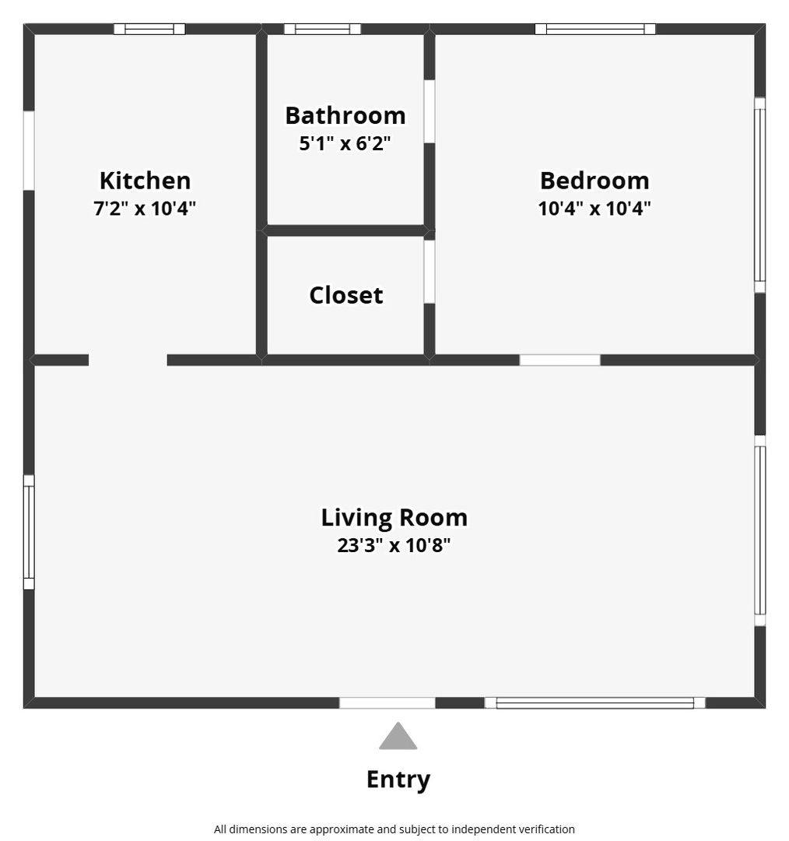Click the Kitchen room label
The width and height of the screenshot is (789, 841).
[146, 181]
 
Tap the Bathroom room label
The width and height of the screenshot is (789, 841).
[345, 115]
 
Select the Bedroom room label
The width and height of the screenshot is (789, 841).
[594, 181]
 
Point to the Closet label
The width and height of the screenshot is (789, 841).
[346, 295]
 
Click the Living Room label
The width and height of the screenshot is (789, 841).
[394, 518]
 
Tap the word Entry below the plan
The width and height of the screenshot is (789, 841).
[398, 779]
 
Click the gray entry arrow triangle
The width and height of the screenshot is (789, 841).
[398, 736]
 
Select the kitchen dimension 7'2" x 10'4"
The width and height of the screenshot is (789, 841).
[145, 208]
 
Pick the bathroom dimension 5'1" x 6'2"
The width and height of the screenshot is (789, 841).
[345, 143]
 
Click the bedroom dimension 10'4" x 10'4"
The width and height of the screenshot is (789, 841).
[594, 208]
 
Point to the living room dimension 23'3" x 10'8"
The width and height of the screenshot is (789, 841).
[394, 545]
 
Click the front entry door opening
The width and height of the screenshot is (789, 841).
[387, 702]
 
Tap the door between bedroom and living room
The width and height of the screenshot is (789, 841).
[559, 360]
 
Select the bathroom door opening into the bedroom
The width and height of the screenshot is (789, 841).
[430, 111]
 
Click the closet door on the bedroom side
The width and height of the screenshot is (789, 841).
[430, 272]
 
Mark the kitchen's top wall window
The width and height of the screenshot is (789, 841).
[149, 29]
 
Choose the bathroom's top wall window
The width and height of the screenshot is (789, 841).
[322, 29]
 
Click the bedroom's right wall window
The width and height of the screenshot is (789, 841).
[760, 195]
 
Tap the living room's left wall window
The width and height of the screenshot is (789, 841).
[29, 533]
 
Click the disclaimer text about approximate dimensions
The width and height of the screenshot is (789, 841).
[394, 829]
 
